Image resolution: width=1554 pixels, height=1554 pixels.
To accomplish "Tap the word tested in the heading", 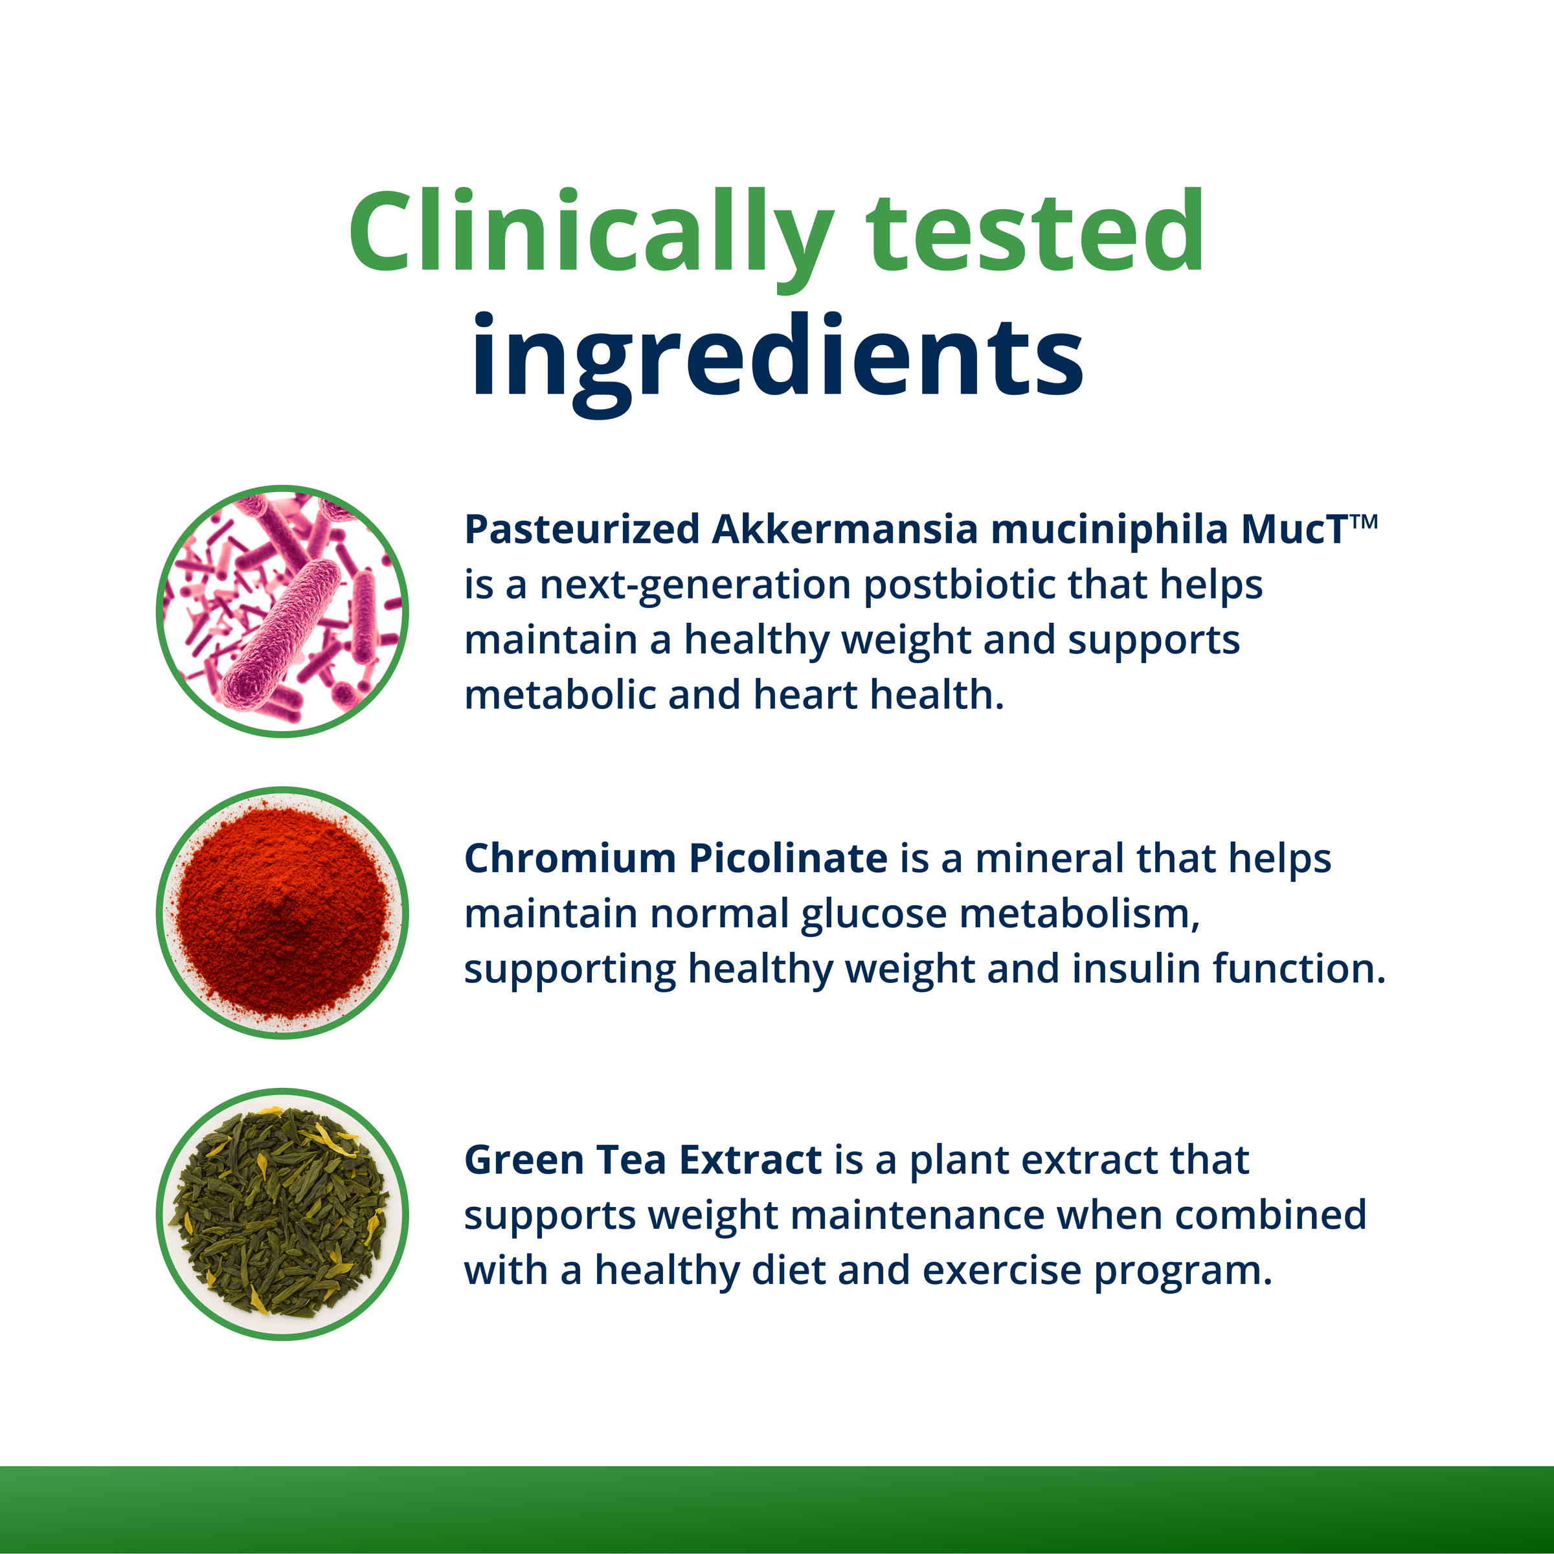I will [x=1035, y=233].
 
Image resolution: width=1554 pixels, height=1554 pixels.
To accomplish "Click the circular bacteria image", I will [x=282, y=611].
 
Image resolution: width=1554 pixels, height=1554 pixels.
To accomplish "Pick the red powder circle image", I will [x=282, y=912].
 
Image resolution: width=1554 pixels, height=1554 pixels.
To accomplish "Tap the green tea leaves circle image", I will [x=282, y=1214].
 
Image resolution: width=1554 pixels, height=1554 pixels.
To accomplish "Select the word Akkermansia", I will [x=844, y=530].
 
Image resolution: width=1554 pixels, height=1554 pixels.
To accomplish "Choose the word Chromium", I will [x=570, y=859].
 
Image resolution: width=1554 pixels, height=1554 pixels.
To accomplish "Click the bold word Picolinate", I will [x=788, y=859].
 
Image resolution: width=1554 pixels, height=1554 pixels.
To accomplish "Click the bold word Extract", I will [x=750, y=1161].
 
